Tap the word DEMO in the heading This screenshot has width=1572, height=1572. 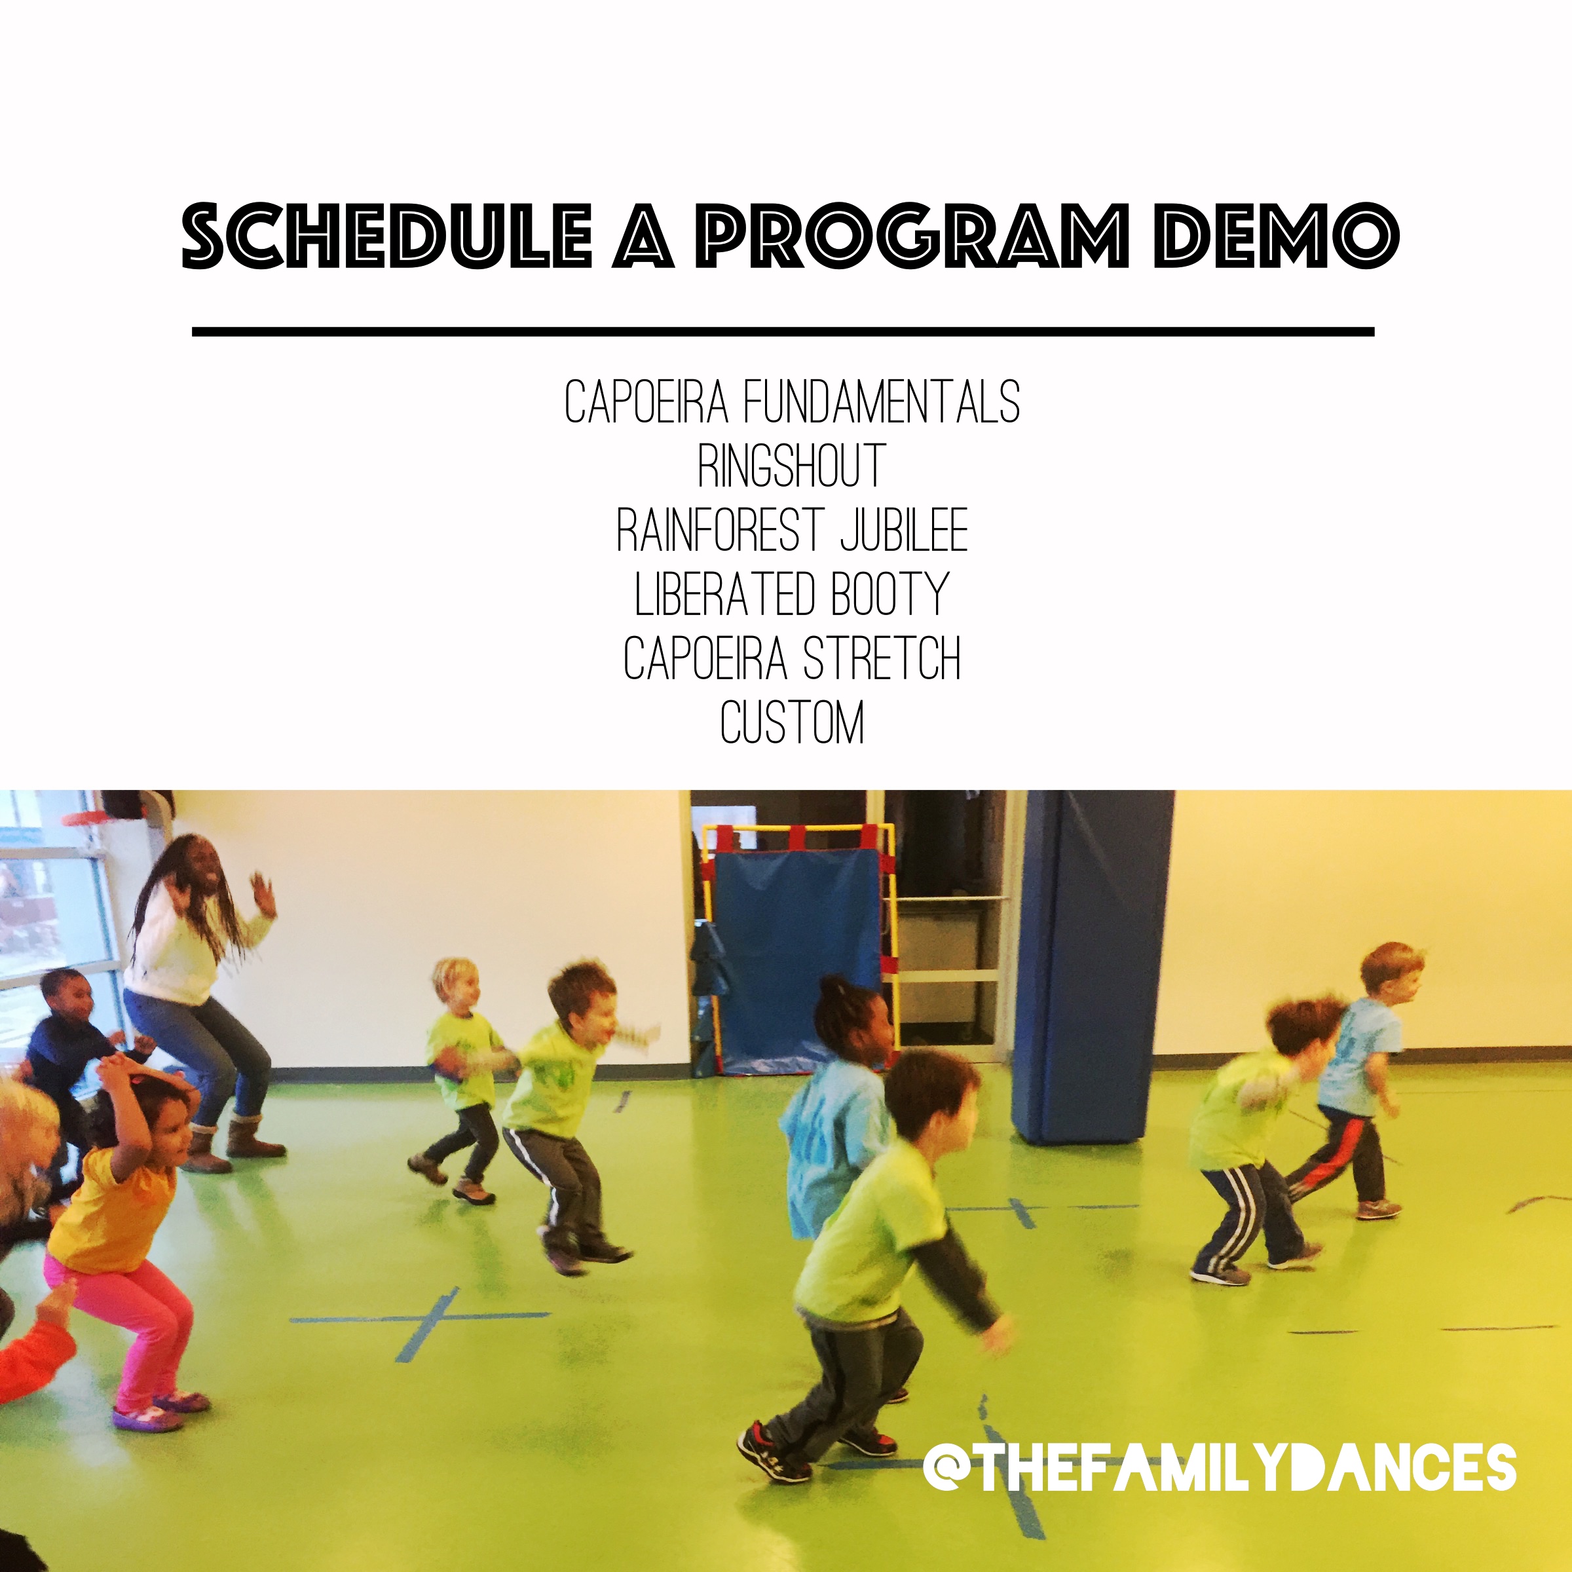[x=1275, y=235]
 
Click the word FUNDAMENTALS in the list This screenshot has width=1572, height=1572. [x=882, y=402]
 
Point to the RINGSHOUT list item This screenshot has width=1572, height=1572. [x=792, y=466]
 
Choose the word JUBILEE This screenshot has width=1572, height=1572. [x=904, y=530]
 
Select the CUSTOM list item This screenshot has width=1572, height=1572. [x=792, y=722]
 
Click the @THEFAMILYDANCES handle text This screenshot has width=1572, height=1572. [x=1219, y=1467]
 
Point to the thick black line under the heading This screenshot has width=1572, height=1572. [x=783, y=332]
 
